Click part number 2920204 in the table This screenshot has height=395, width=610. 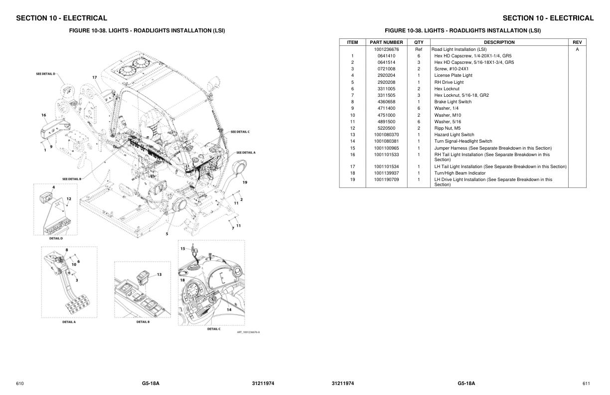click(x=386, y=75)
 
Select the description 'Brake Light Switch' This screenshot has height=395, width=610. click(x=453, y=102)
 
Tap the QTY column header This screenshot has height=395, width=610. click(x=419, y=42)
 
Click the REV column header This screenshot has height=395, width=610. click(x=577, y=42)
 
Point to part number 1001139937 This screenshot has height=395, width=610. click(x=386, y=173)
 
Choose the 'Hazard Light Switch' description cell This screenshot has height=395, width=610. click(x=454, y=135)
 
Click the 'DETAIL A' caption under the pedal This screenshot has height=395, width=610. click(x=69, y=322)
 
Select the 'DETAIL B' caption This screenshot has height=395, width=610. click(x=143, y=322)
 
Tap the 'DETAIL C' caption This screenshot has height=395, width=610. click(x=214, y=329)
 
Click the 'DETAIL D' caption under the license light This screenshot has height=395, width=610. click(x=56, y=238)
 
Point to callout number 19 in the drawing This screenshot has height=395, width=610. click(x=245, y=183)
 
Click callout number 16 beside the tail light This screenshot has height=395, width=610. click(x=44, y=115)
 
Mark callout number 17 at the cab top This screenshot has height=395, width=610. click(x=94, y=77)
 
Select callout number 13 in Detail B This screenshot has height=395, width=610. click(x=159, y=274)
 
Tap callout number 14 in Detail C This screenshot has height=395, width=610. click(x=229, y=310)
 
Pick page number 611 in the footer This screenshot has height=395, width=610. click(x=586, y=384)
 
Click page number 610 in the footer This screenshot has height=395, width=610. click(x=20, y=384)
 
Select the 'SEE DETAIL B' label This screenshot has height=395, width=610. click(x=72, y=179)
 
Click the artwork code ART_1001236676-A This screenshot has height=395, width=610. click(x=248, y=333)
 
